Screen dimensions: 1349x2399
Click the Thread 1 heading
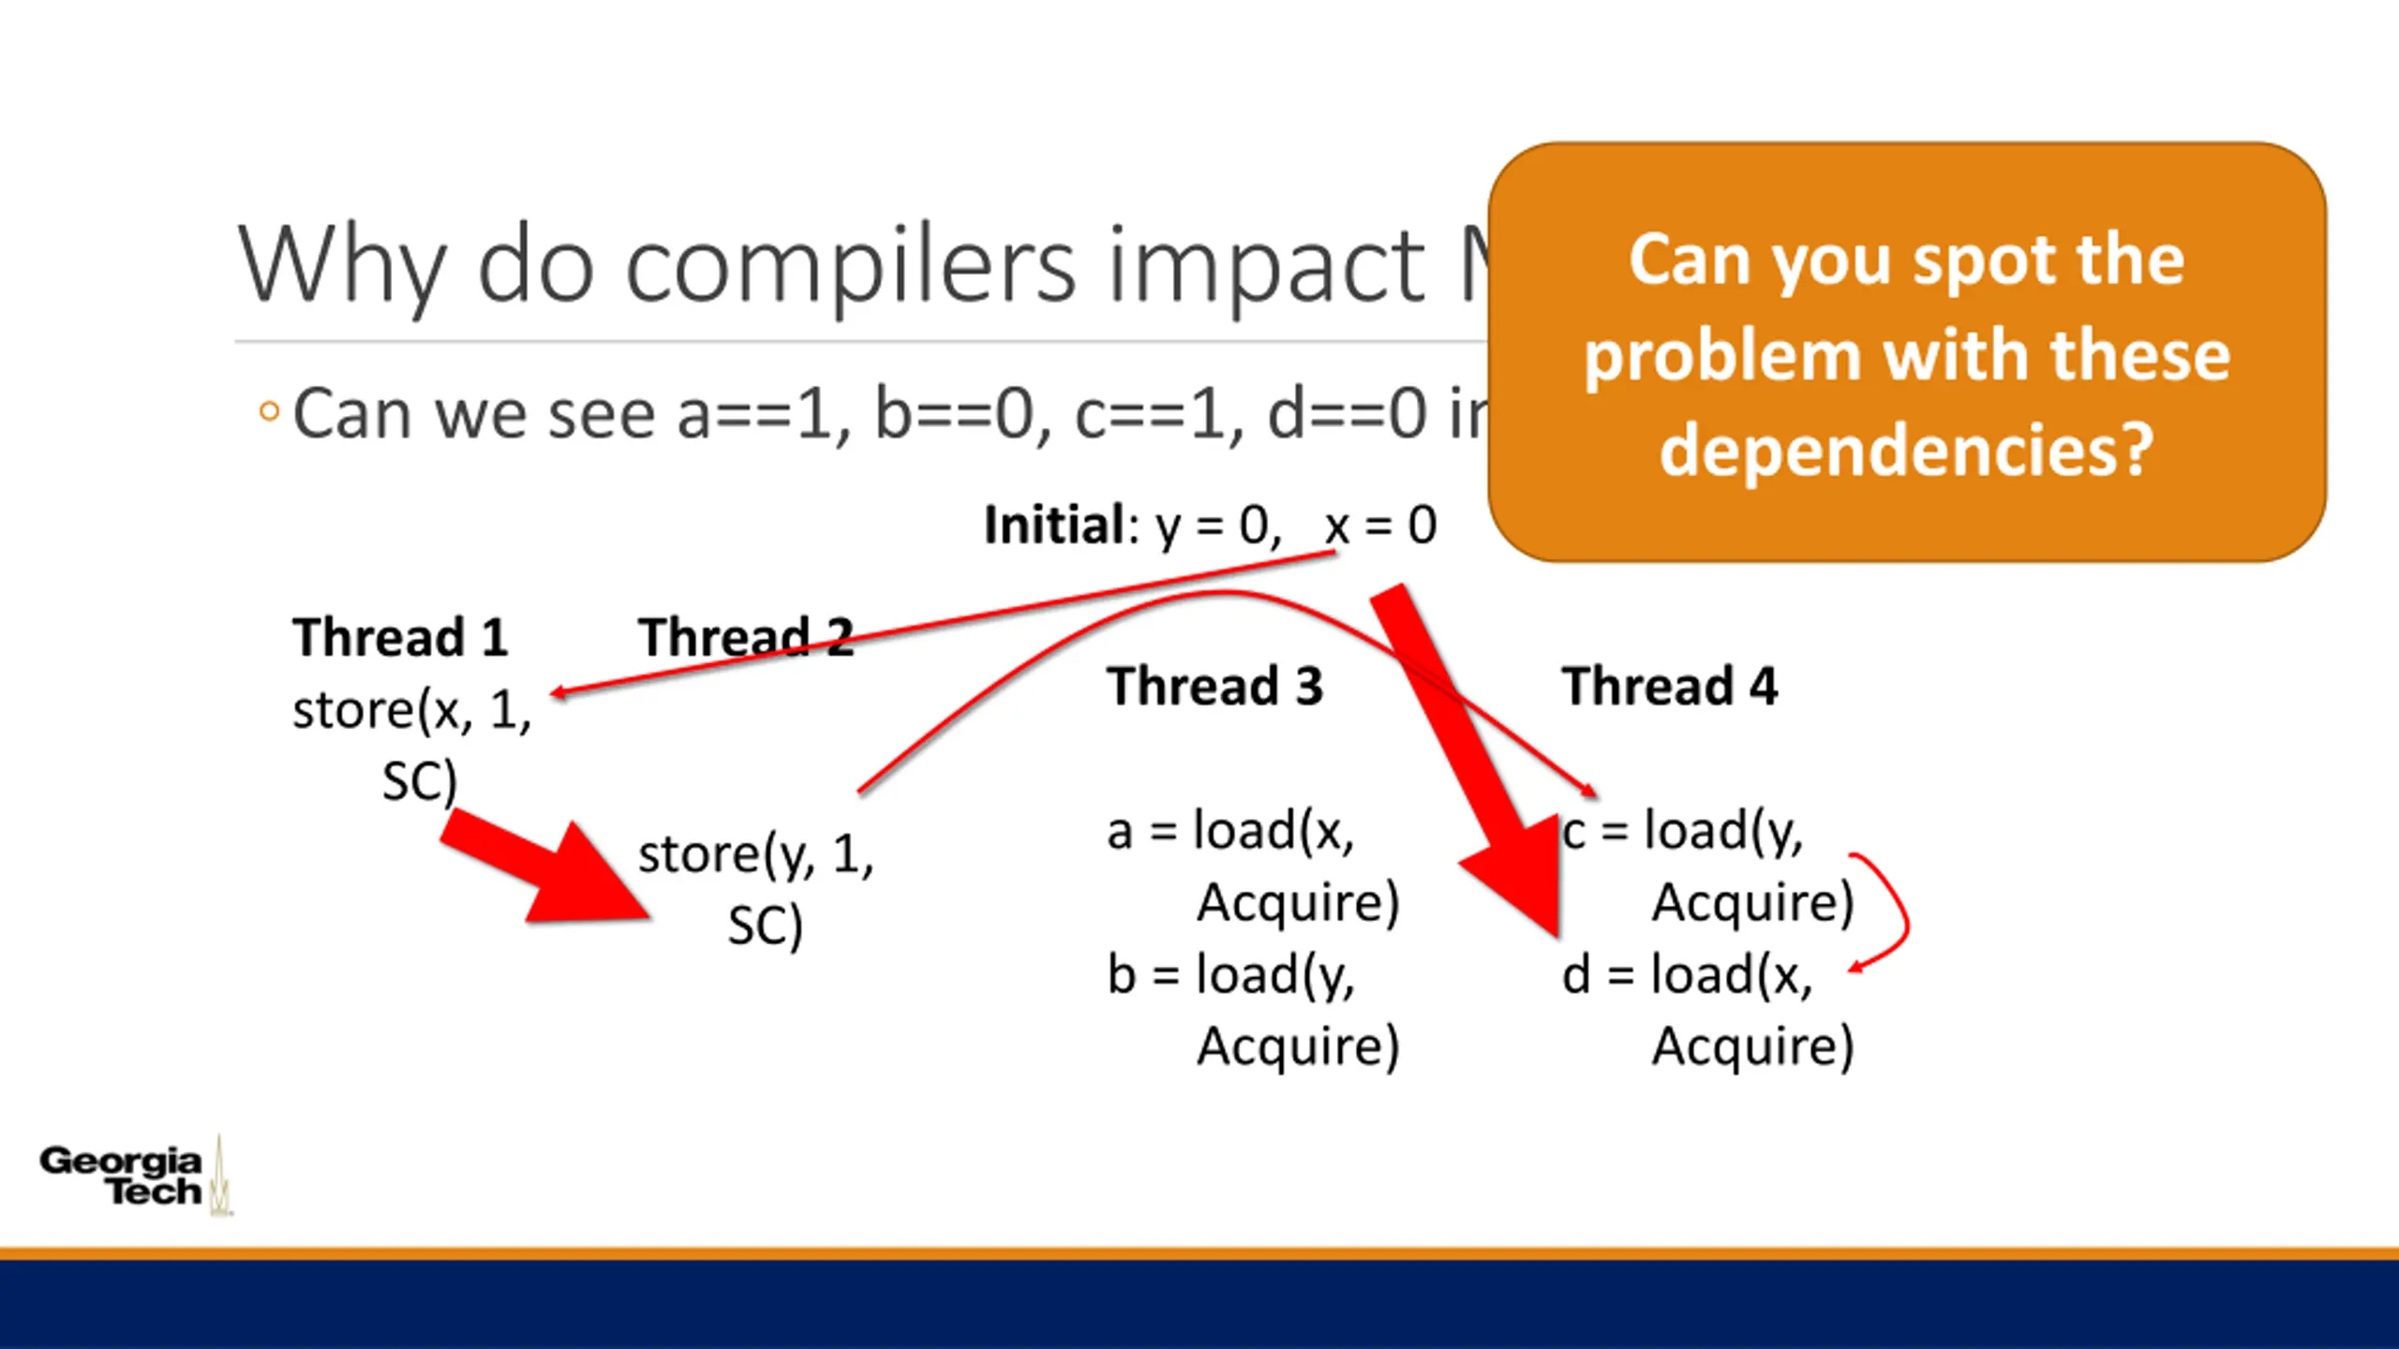pos(400,638)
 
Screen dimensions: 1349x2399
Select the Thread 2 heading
pos(746,638)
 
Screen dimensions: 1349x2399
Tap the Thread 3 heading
pos(1214,686)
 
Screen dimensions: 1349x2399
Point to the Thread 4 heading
pos(1669,686)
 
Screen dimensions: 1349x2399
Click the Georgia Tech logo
pos(131,1177)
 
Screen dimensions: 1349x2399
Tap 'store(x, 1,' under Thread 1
pos(412,710)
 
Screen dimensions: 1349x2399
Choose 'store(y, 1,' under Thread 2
pos(755,854)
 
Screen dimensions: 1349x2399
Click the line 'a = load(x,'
pos(1230,831)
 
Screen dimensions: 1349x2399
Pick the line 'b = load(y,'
pos(1230,975)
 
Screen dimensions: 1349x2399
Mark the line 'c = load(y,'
pos(1682,831)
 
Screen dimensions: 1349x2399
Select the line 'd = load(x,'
pos(1687,975)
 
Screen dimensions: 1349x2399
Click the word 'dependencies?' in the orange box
pos(1906,451)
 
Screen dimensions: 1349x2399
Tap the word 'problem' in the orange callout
pos(1721,357)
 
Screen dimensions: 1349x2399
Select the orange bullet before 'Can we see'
pos(269,412)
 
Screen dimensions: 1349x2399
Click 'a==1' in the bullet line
pos(759,414)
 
